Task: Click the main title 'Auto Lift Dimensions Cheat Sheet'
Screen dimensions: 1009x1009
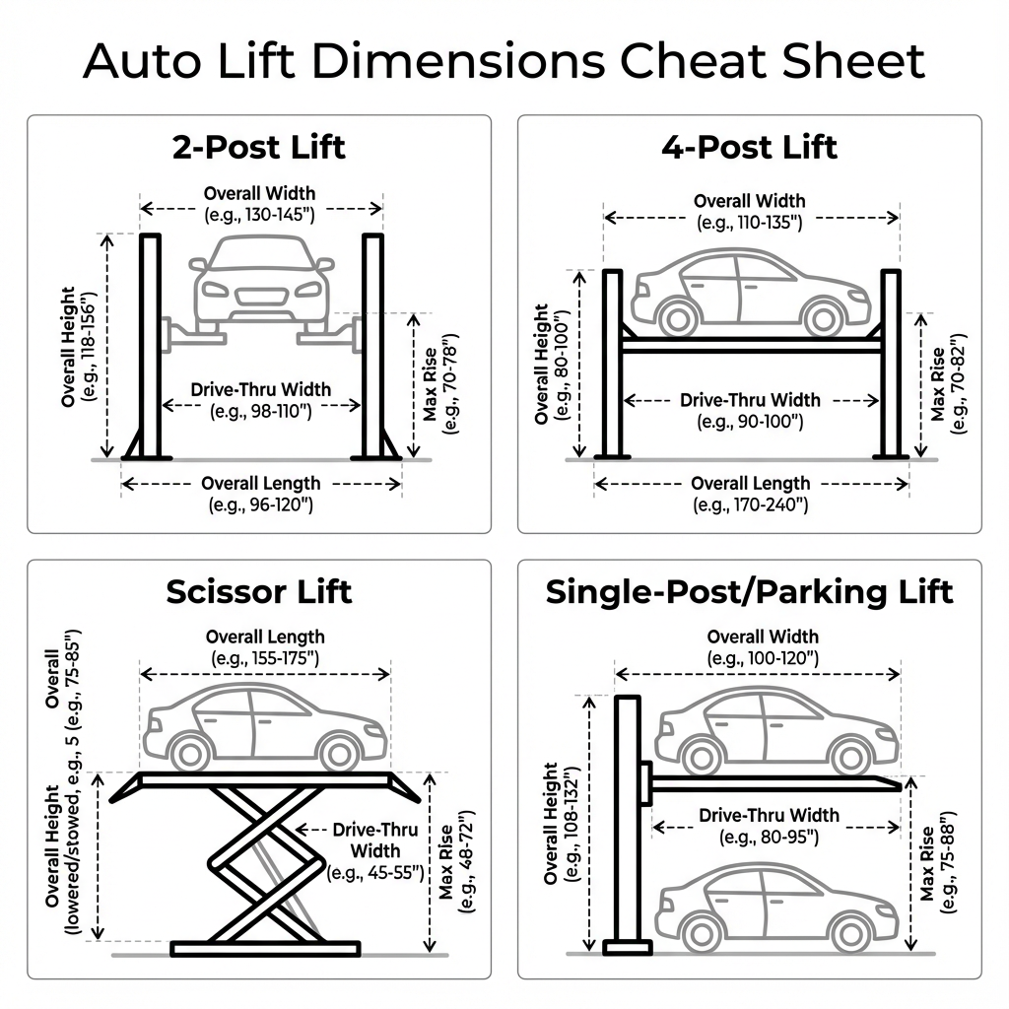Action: pyautogui.click(x=504, y=61)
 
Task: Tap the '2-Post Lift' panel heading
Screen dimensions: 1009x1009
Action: pyautogui.click(x=259, y=147)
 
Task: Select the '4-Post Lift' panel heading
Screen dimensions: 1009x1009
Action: pyautogui.click(x=749, y=147)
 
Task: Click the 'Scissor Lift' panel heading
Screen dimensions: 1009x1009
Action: pyautogui.click(x=259, y=591)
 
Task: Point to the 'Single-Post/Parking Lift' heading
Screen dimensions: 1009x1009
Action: pyautogui.click(x=749, y=591)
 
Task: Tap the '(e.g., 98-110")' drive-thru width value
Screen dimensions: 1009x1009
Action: pyautogui.click(x=261, y=411)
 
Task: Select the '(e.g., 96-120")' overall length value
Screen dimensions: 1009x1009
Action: pyautogui.click(x=261, y=504)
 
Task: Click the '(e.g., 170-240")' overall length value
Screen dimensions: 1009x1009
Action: pyautogui.click(x=751, y=504)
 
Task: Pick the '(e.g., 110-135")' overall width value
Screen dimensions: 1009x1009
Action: pyautogui.click(x=750, y=223)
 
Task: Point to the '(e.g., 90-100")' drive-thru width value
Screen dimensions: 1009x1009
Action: pyautogui.click(x=750, y=421)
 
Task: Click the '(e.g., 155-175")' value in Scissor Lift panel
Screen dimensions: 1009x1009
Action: pyautogui.click(x=265, y=657)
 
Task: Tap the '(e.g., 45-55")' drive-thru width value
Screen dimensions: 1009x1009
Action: pyautogui.click(x=375, y=872)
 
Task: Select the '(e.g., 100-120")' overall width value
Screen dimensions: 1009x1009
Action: pyautogui.click(x=763, y=657)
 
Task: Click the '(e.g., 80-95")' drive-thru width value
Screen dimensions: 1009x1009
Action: pyautogui.click(x=770, y=837)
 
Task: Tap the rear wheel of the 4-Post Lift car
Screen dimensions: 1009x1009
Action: pyautogui.click(x=674, y=318)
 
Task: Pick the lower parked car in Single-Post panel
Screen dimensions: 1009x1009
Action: pyautogui.click(x=776, y=908)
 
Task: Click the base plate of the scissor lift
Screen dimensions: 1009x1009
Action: pyautogui.click(x=265, y=948)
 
